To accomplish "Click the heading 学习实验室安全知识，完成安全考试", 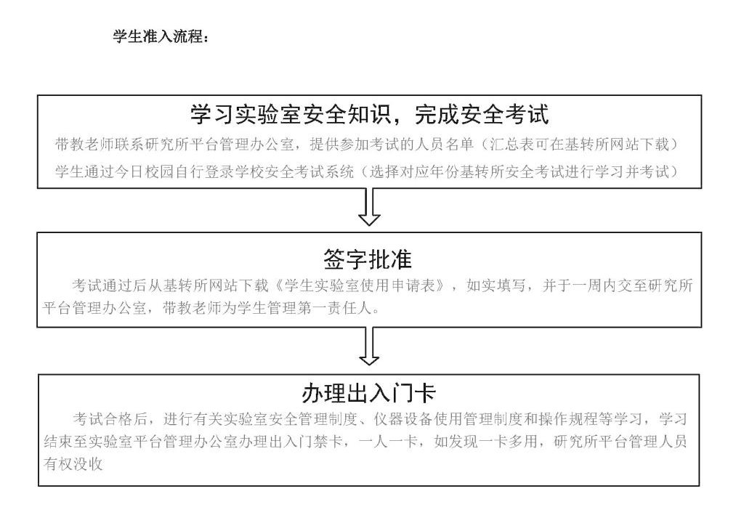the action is [x=370, y=114].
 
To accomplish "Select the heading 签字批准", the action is [x=368, y=259].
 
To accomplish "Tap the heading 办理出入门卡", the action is [x=368, y=393].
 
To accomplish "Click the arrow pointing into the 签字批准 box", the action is [x=369, y=207].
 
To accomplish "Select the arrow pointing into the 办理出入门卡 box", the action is [x=369, y=346].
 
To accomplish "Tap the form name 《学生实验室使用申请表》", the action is [x=360, y=285].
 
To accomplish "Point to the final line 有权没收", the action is [x=73, y=463].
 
